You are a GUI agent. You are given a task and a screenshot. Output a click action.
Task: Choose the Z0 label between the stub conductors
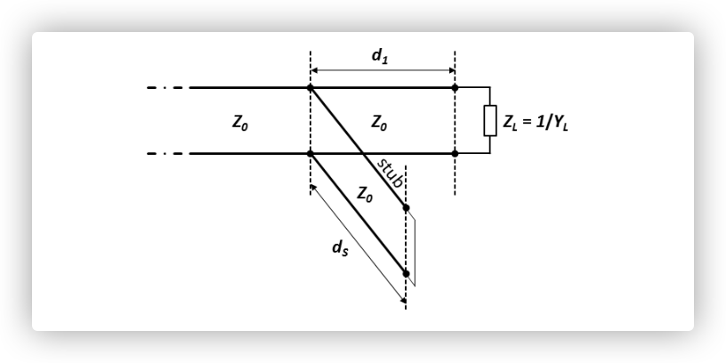coord(365,193)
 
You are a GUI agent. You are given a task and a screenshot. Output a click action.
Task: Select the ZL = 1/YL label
coord(536,121)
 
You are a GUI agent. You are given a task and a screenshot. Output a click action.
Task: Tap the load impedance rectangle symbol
coord(489,121)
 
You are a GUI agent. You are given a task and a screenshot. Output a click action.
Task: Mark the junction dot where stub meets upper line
coord(311,88)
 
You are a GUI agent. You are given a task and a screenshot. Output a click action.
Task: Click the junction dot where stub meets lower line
coord(311,154)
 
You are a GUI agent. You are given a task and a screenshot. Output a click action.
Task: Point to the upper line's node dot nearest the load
coord(455,88)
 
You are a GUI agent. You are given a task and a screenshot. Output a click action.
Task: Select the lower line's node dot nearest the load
coord(455,154)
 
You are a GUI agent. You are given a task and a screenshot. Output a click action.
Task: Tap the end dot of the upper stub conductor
coord(406,207)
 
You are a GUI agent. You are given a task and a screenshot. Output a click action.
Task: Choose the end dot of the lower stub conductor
coord(406,273)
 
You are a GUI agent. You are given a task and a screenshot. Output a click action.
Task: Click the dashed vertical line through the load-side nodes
coord(455,178)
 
